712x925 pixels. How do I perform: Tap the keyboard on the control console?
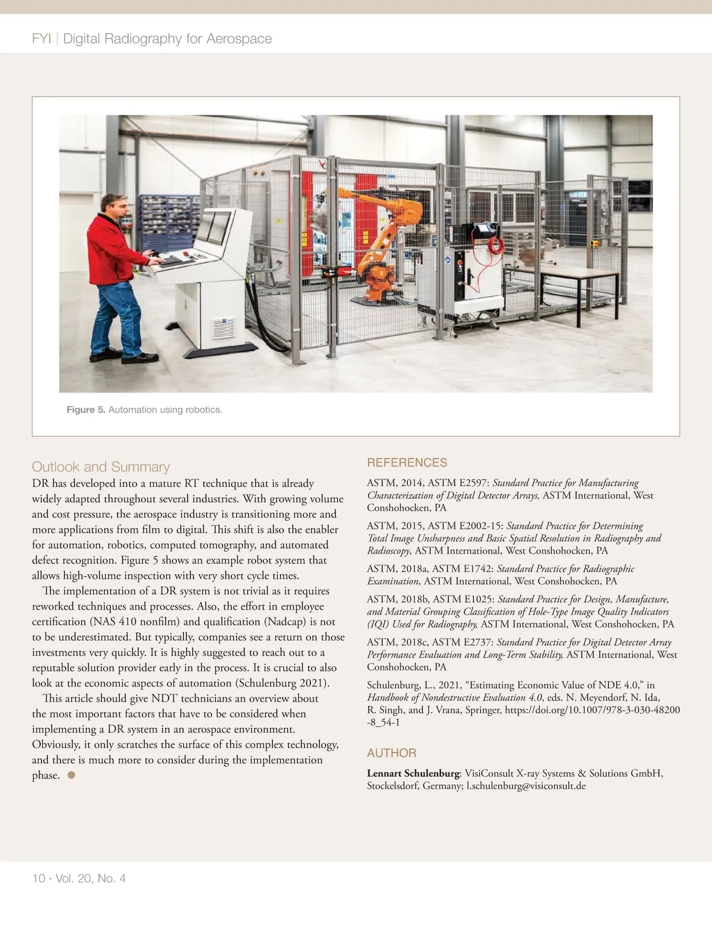pyautogui.click(x=171, y=260)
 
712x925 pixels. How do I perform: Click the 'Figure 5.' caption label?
pyautogui.click(x=85, y=410)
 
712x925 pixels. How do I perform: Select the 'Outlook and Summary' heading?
pyautogui.click(x=101, y=467)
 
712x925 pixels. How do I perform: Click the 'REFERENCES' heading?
pyautogui.click(x=407, y=462)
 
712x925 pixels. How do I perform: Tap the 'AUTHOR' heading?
pyautogui.click(x=392, y=753)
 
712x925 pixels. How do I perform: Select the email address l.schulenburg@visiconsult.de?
pyautogui.click(x=526, y=785)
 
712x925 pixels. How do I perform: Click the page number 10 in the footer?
pyautogui.click(x=39, y=878)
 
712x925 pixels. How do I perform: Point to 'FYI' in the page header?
pyautogui.click(x=42, y=39)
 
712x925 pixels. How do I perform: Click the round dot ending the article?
pyautogui.click(x=71, y=775)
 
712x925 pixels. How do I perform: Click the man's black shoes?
pyautogui.click(x=125, y=357)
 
